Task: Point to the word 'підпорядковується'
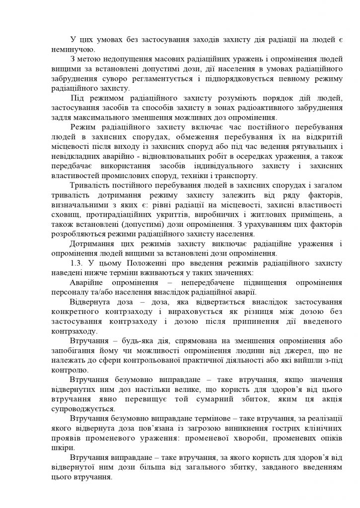pyautogui.click(x=245, y=79)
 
